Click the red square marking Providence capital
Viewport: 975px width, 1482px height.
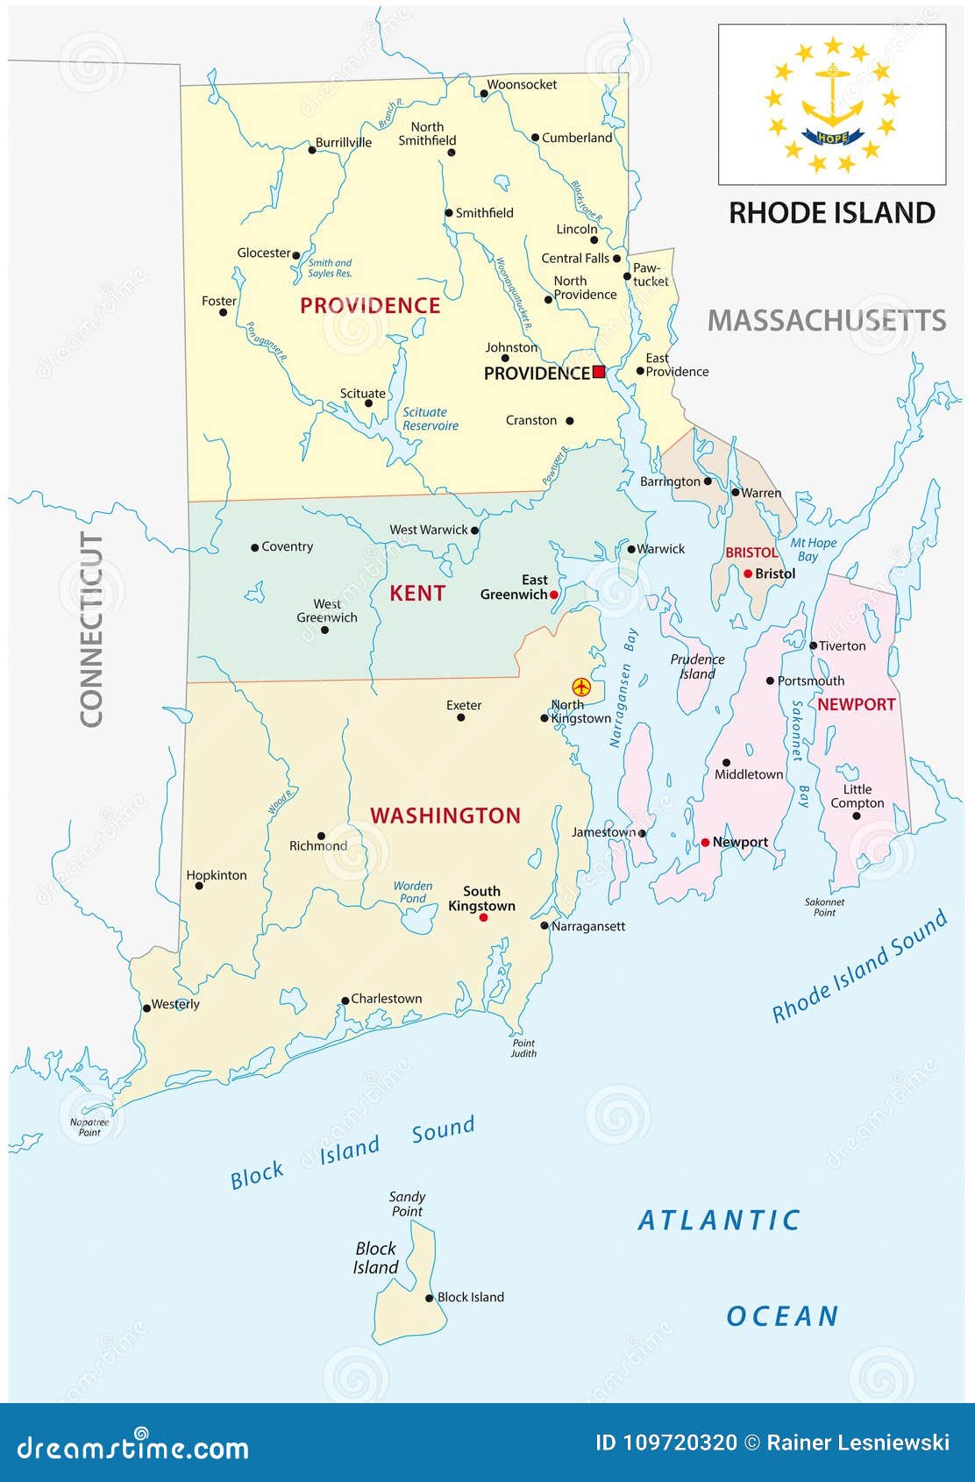coord(599,372)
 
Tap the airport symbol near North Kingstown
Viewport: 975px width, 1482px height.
coord(580,686)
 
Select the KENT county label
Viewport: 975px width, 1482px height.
coord(417,594)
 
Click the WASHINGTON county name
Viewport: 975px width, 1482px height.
coord(445,816)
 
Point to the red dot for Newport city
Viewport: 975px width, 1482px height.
coord(705,843)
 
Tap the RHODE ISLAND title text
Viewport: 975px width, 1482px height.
coord(832,213)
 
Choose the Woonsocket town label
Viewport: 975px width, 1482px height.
coord(522,85)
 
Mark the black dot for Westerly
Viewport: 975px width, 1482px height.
coord(146,1008)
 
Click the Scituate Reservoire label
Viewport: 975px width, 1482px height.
coord(431,419)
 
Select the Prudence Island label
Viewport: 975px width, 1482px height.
coord(697,666)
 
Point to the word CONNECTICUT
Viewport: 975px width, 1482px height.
coord(92,629)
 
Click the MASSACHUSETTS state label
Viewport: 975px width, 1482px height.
coord(827,321)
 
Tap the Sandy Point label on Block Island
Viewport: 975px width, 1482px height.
coord(407,1204)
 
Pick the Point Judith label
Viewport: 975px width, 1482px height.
coord(523,1048)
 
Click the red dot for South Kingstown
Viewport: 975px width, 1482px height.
coord(483,918)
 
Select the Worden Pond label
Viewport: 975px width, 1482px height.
coord(413,892)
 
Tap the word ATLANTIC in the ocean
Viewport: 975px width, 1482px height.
coord(719,1220)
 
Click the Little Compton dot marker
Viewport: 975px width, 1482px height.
coord(857,816)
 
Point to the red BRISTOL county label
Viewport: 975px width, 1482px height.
coord(751,552)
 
